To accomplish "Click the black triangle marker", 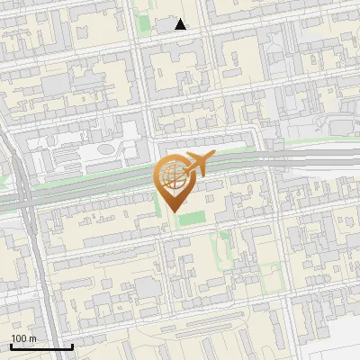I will [181, 24].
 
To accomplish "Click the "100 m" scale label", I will [23, 338].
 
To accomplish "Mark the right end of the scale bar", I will [72, 346].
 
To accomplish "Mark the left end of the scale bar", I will [11, 346].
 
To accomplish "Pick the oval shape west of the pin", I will [106, 148].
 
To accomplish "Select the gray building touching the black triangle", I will [166, 24].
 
